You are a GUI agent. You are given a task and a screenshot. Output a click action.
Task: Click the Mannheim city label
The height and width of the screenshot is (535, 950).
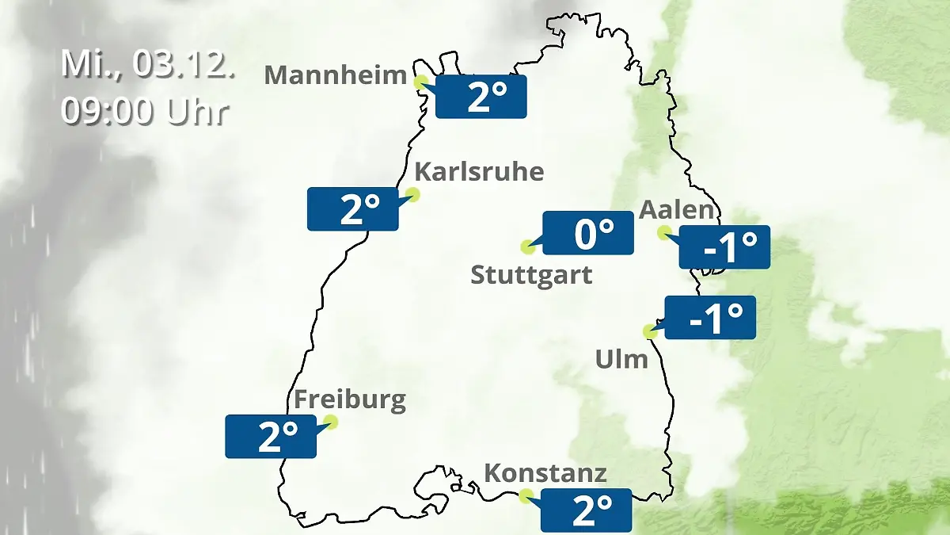336,75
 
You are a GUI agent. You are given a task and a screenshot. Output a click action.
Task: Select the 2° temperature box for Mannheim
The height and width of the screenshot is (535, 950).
481,97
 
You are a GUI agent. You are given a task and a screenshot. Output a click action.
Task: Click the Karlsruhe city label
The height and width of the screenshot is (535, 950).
479,172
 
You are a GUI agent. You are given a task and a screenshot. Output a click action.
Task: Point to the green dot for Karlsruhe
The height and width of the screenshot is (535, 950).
412,194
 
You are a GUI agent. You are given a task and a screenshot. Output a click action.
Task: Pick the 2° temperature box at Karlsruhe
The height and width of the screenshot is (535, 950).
352,209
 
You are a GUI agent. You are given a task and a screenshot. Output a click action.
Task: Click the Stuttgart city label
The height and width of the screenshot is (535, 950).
531,276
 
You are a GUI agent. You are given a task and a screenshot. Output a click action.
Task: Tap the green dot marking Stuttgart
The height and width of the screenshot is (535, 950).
527,246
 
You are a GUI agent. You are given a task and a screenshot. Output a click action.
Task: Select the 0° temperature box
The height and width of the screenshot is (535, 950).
588,233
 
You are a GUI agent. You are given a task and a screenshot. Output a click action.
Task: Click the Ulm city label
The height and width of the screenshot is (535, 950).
621,360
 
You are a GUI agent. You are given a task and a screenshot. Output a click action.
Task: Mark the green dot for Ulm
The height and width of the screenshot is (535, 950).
651,332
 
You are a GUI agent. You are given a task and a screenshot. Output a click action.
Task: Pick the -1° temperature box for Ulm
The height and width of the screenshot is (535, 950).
711,317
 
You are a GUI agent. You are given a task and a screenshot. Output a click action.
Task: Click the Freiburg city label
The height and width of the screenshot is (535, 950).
349,399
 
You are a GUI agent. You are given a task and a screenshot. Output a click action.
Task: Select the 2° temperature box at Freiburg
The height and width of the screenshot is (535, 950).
271,436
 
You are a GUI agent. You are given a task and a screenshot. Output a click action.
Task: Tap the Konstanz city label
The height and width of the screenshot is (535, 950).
545,474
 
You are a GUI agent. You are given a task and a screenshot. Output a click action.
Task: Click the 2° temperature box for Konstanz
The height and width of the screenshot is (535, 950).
587,510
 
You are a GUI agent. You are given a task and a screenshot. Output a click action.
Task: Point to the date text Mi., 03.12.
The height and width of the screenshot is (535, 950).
148,64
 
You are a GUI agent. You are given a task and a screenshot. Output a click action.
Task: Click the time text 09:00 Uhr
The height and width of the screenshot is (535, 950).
145,112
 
